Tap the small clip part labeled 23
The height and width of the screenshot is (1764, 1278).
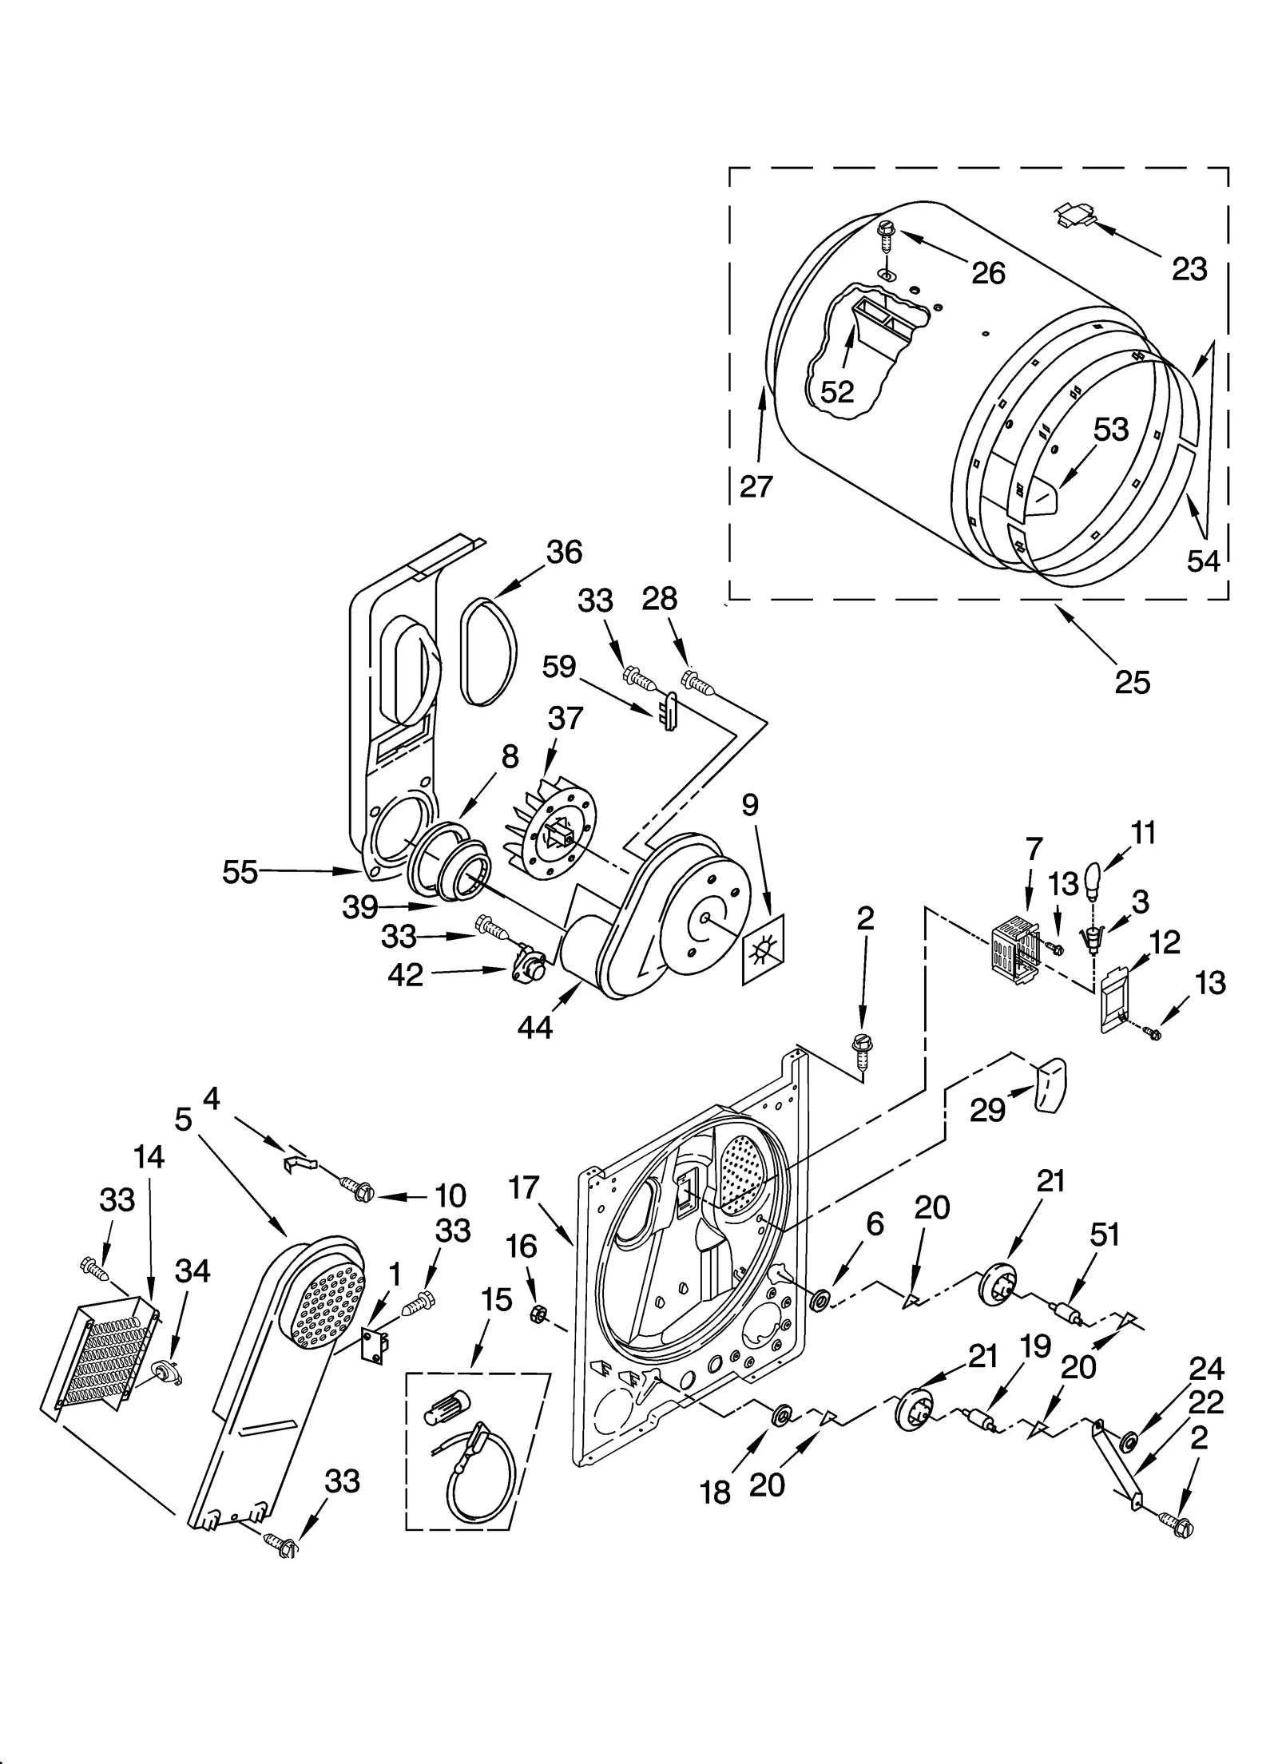click(x=1074, y=215)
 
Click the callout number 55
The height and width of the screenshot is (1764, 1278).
click(x=240, y=872)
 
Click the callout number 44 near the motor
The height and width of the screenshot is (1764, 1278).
click(x=534, y=1028)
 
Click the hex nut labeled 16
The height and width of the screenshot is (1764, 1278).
click(x=538, y=1311)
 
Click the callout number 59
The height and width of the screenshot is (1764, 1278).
click(x=558, y=665)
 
